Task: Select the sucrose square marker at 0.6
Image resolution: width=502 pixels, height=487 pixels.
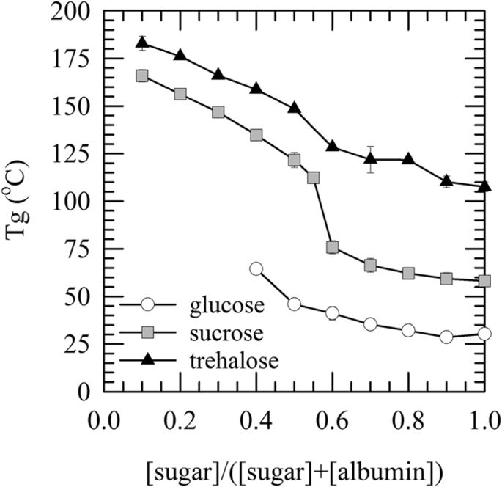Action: point(332,247)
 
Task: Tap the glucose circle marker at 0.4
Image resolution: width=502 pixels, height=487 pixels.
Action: point(256,268)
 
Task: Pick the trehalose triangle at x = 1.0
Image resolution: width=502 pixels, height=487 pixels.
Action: point(484,186)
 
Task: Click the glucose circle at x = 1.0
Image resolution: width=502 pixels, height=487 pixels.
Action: point(484,334)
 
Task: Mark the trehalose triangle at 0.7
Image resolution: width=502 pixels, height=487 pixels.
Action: point(370,158)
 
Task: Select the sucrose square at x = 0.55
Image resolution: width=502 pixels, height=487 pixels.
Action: point(313,177)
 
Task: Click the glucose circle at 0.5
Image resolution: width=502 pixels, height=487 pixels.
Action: point(294,304)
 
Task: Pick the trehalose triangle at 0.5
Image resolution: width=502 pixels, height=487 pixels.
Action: point(294,108)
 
